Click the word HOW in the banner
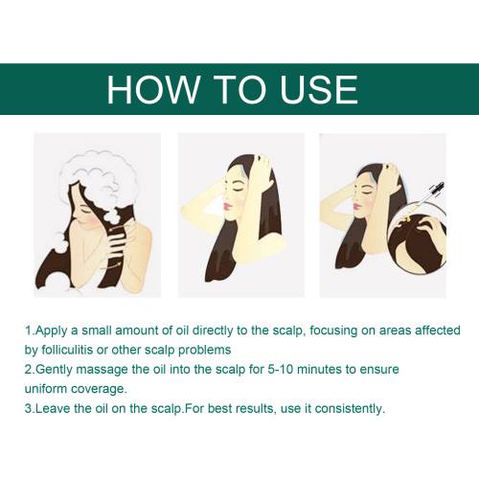pos(152,89)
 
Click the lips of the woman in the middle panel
pos(227,206)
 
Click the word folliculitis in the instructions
pos(67,350)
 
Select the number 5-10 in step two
pos(280,370)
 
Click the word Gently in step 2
pos(54,370)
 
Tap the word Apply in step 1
pos(52,331)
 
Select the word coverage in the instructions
pos(99,390)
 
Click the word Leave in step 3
pos(53,409)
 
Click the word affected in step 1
pos(438,331)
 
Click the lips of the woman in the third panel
pos(355,206)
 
